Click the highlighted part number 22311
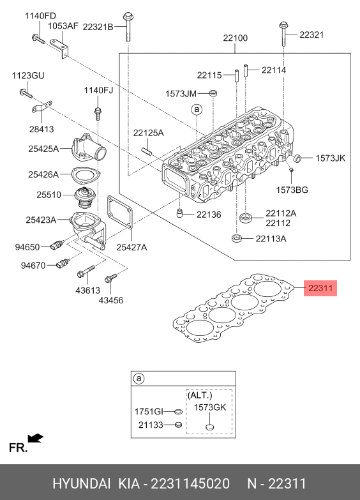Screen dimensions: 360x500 320,288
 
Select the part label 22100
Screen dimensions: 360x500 236,38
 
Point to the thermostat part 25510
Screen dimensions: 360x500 82,199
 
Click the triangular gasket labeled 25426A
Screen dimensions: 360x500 86,176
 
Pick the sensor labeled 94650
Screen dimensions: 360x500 57,245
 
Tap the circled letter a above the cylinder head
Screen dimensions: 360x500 197,110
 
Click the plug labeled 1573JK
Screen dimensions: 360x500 297,158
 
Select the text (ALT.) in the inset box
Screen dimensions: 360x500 200,395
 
